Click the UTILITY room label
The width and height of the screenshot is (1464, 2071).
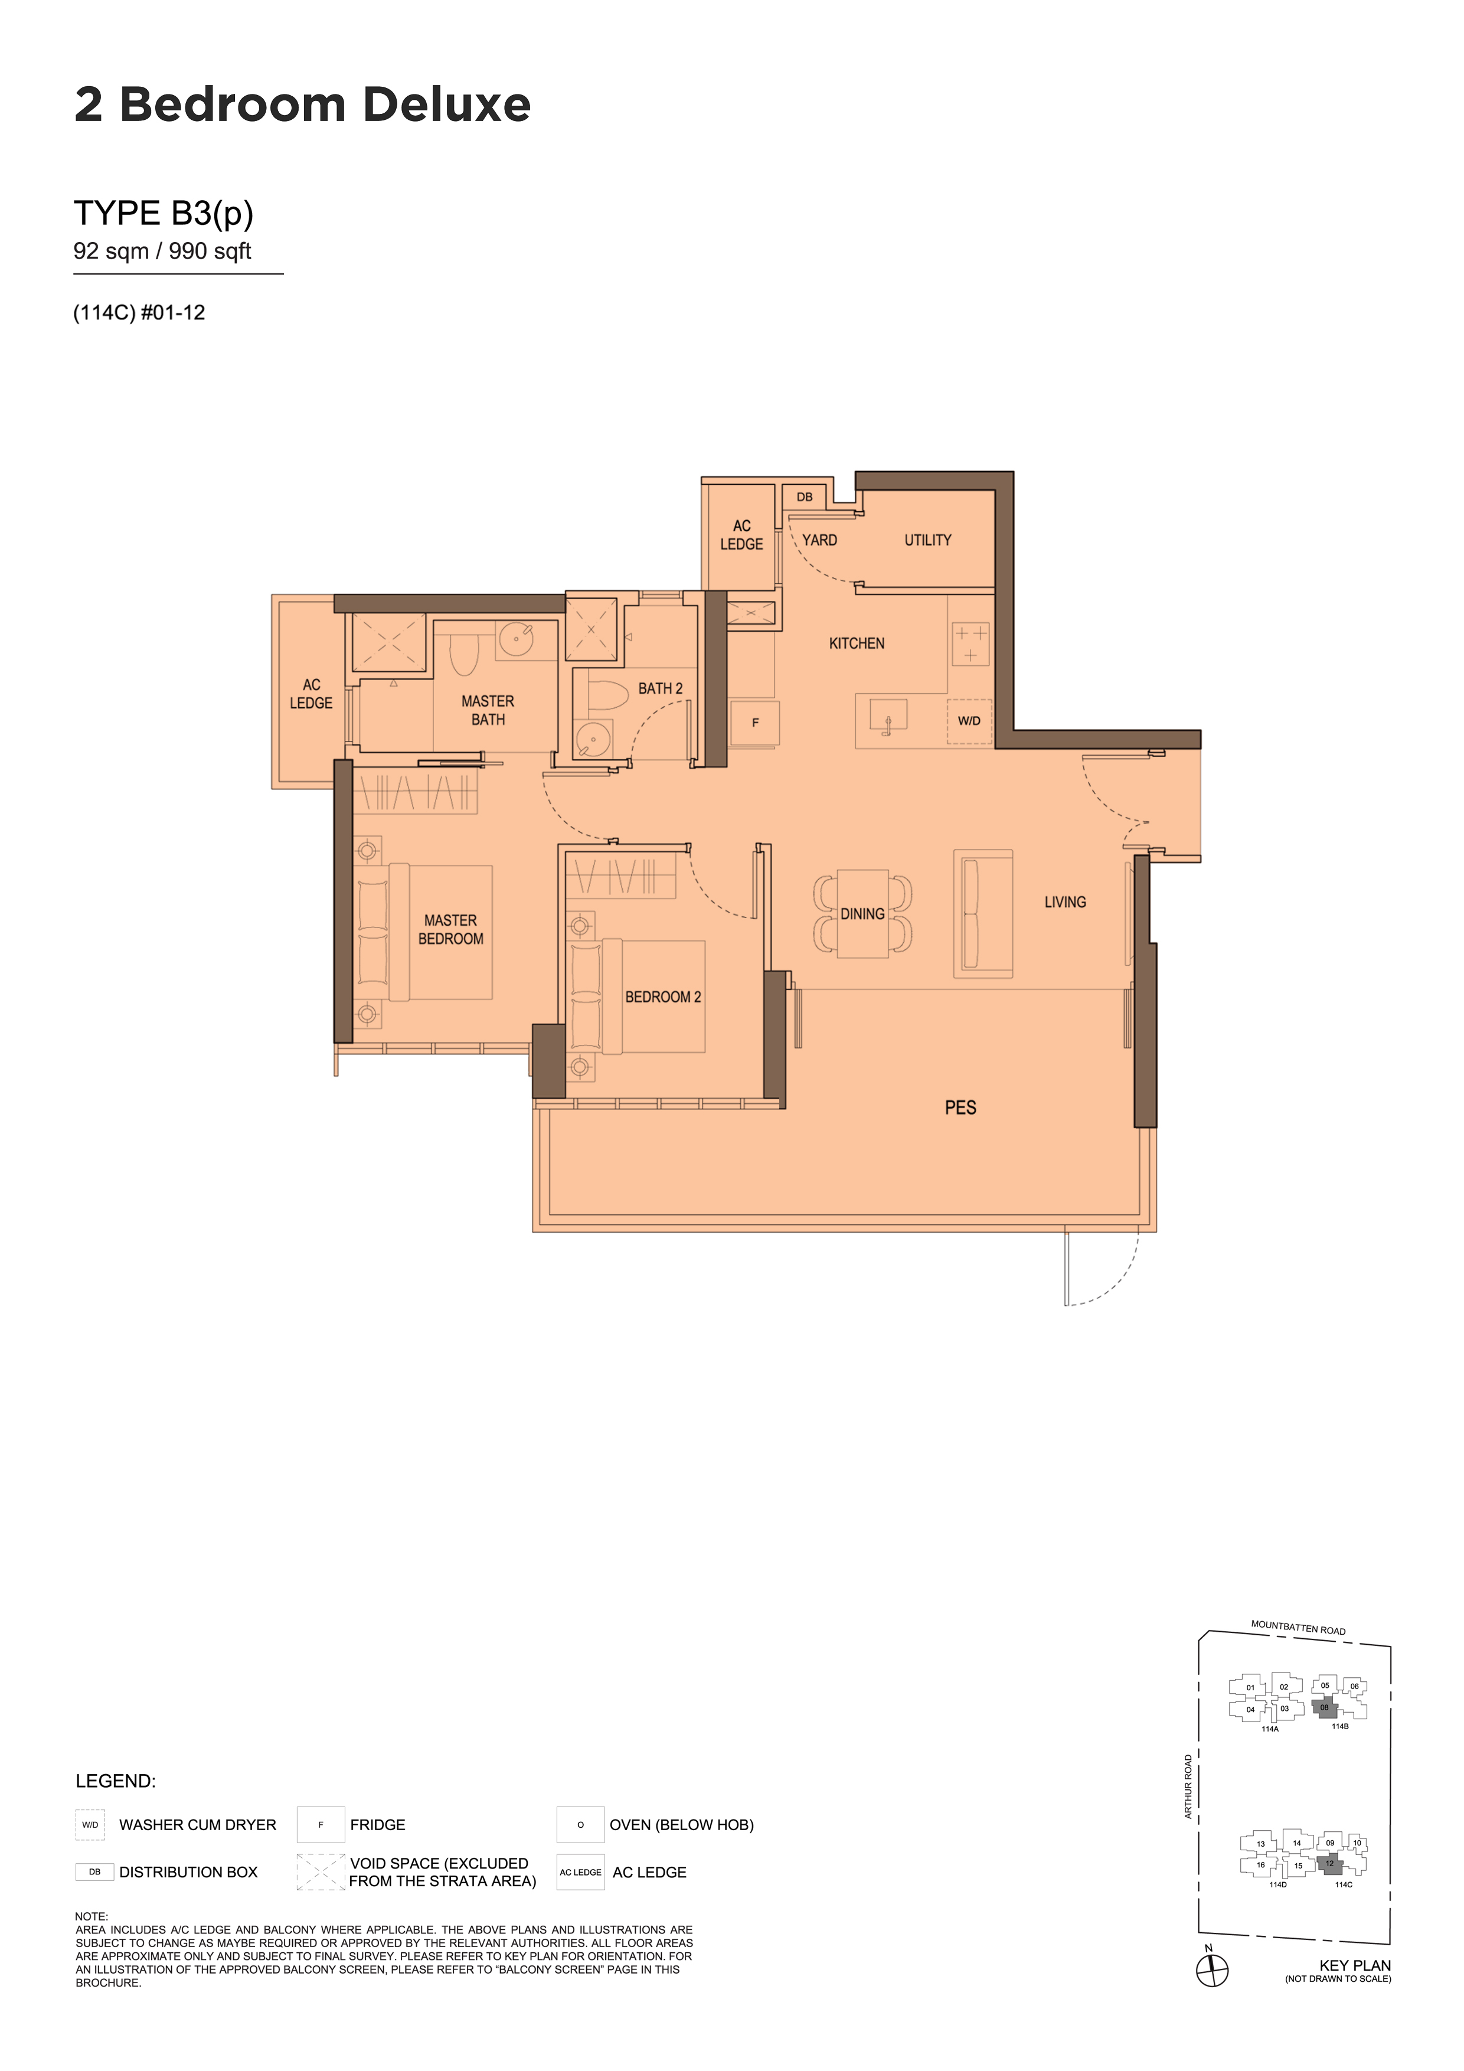tap(927, 540)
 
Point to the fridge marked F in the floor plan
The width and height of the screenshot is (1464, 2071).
tap(755, 723)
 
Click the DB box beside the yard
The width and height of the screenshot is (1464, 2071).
tap(805, 497)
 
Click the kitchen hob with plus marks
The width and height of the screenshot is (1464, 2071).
tap(970, 644)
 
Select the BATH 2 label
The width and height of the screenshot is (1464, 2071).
tap(661, 688)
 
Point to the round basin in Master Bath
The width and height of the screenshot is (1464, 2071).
tap(516, 639)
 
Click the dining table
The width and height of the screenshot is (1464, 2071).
tap(863, 914)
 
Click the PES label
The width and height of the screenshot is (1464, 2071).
tap(960, 1108)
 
